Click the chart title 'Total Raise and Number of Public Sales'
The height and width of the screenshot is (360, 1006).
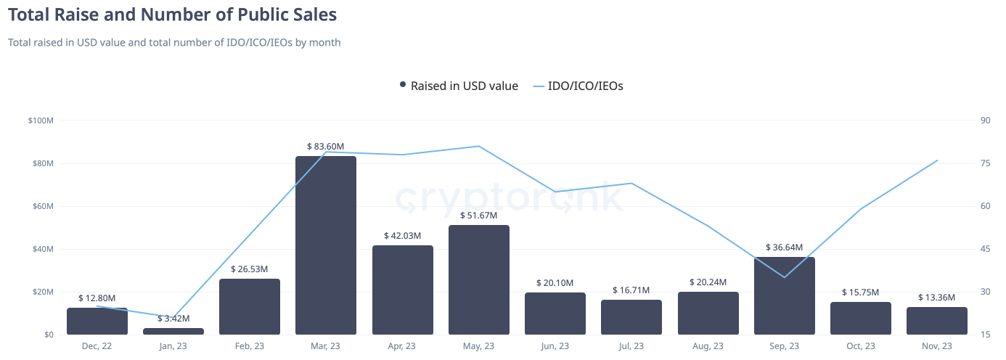(172, 14)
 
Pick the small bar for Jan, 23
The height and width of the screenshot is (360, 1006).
(173, 331)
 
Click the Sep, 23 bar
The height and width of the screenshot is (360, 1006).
(785, 296)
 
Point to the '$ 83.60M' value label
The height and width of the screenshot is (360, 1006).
(326, 147)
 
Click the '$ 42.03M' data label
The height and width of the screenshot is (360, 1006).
(403, 236)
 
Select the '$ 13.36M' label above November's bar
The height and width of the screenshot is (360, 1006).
(936, 298)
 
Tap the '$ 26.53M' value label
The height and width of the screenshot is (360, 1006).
(250, 269)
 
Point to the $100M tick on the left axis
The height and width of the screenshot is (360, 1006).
(41, 120)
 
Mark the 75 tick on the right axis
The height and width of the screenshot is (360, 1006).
(985, 163)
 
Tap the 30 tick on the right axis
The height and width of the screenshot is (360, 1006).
(985, 292)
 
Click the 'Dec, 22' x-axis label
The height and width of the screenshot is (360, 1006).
(97, 346)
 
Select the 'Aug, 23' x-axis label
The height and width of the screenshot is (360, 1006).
(708, 346)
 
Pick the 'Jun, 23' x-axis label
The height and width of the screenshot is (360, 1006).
(555, 346)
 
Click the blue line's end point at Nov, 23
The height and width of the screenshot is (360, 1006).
(937, 160)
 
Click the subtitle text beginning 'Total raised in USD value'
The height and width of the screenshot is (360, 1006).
(174, 42)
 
